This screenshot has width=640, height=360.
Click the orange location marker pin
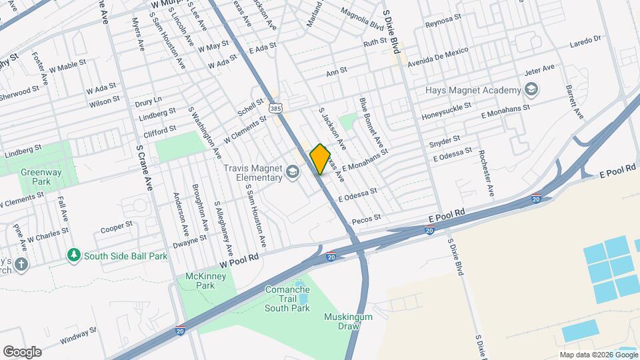point(320,159)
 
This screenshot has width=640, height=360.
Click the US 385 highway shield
point(275,107)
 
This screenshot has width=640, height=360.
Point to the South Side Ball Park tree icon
point(73,255)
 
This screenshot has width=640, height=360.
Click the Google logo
point(22,352)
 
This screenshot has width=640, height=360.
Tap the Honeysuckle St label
point(446,111)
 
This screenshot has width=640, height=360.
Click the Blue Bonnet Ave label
point(371,123)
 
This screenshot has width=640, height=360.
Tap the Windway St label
point(78,335)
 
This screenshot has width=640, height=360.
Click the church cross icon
point(22,264)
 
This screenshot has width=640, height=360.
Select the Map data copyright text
point(597,354)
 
